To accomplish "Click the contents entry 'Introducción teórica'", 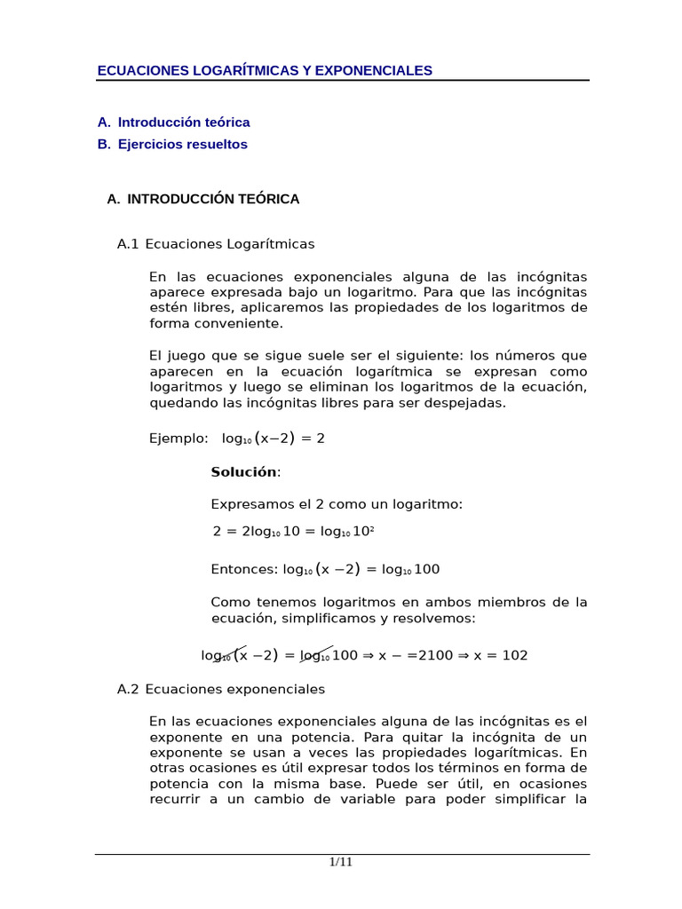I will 184,123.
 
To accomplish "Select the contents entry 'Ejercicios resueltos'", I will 183,144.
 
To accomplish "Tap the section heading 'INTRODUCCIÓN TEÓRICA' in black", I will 213,199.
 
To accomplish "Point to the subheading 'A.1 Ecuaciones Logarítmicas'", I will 216,244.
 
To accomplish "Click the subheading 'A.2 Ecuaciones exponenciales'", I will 221,689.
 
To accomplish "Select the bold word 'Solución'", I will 243,472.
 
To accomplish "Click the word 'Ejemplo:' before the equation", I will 179,439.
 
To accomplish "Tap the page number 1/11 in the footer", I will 341,862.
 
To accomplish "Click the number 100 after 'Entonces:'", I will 426,570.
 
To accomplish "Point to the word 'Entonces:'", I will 244,570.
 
